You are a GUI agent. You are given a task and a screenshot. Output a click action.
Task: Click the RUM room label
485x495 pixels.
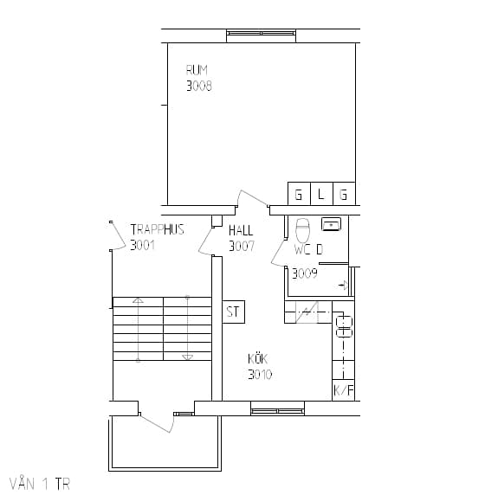click(x=197, y=70)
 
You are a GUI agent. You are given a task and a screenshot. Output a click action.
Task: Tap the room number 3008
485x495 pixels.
click(x=198, y=86)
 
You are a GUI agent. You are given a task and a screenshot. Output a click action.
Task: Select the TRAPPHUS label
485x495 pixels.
click(x=158, y=229)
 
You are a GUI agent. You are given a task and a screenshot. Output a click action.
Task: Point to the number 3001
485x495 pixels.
click(x=143, y=245)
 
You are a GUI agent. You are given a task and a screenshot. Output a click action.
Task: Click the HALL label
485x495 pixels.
click(x=241, y=230)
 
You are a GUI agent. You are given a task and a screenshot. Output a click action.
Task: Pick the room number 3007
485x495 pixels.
click(x=242, y=247)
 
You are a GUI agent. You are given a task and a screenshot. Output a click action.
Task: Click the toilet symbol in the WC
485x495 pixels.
click(x=302, y=230)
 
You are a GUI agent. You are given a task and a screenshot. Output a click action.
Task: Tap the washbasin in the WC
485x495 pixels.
click(x=331, y=224)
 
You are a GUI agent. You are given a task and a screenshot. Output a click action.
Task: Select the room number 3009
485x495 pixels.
click(x=305, y=273)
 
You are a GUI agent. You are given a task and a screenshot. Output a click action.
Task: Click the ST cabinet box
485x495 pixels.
click(x=234, y=312)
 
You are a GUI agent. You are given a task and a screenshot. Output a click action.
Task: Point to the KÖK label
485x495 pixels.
click(x=257, y=359)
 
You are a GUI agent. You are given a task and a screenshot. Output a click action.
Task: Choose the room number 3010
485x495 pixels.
click(x=260, y=375)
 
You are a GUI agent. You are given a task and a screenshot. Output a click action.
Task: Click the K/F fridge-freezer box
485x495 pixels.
click(x=343, y=390)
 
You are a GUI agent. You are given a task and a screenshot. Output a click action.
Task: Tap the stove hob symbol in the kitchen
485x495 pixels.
click(x=344, y=327)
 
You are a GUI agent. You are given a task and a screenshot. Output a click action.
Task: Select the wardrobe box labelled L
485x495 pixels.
click(x=322, y=194)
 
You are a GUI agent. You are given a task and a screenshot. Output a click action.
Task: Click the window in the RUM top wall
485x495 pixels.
click(x=262, y=33)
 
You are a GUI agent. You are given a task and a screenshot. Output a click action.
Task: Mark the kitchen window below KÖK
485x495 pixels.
click(x=278, y=411)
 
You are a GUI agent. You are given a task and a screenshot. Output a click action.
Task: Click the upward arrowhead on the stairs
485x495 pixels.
click(x=138, y=300)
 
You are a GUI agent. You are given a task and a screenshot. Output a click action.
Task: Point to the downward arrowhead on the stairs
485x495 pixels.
click(x=187, y=357)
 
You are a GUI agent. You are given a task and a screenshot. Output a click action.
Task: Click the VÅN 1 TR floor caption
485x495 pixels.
click(x=40, y=484)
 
